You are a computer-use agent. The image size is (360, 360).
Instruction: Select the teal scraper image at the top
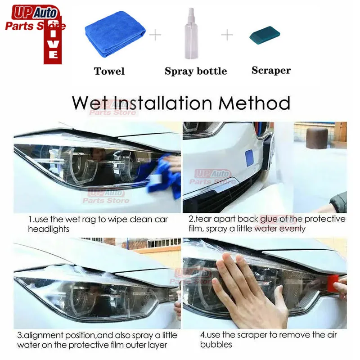point(265,35)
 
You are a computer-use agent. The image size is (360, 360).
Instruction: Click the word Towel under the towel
point(109,71)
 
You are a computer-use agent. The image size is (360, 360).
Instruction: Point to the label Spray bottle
point(196,71)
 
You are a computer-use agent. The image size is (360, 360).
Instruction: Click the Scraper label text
point(271,71)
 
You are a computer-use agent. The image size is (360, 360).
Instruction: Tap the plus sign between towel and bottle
point(155,35)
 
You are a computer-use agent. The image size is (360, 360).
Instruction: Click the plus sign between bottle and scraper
point(227,35)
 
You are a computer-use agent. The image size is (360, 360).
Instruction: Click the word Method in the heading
point(254,103)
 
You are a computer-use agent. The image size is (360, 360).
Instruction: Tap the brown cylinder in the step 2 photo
point(317,138)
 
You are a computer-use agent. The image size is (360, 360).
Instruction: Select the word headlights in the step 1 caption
point(49,229)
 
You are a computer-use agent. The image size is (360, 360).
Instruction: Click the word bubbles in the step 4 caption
point(216,344)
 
